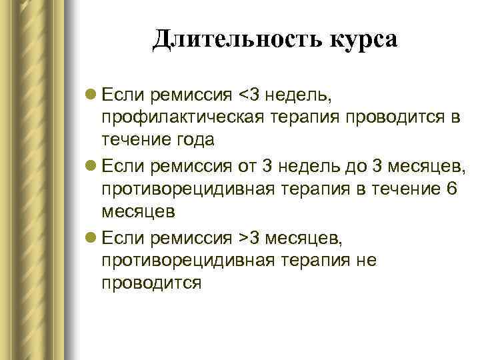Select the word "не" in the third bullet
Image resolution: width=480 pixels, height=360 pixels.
tap(367, 260)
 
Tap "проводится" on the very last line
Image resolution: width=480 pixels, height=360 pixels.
tap(151, 283)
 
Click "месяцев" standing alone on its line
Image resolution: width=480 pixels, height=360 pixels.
tap(138, 212)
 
